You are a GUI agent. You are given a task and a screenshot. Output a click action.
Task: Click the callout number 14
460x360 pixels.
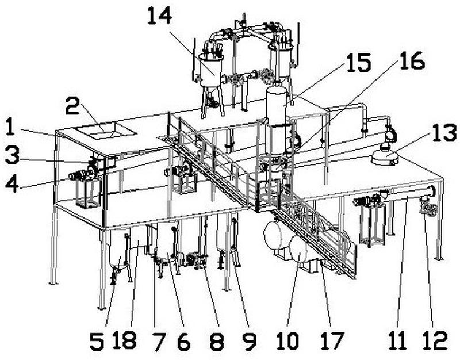tap(159, 16)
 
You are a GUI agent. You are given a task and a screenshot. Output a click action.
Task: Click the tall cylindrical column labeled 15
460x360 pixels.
tap(276, 109)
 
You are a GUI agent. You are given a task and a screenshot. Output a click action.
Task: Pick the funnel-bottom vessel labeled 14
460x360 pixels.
tap(212, 72)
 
